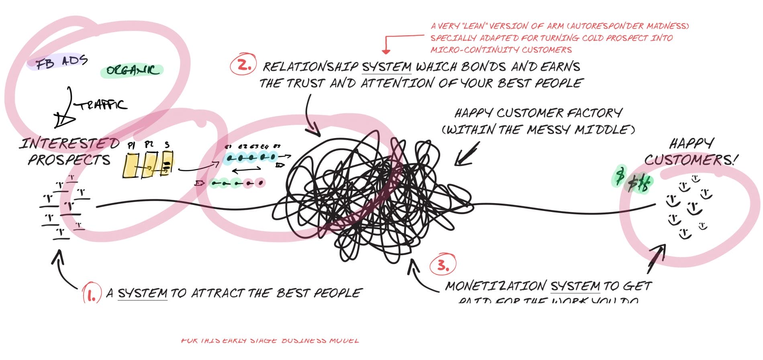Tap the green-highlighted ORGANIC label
click(x=132, y=71)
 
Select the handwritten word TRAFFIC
click(x=103, y=105)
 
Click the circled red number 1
click(x=91, y=294)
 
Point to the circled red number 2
click(x=243, y=65)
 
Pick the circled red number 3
click(x=443, y=265)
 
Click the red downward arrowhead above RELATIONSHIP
click(x=386, y=51)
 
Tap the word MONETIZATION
click(x=495, y=286)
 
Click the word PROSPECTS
click(x=69, y=160)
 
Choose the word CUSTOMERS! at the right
click(x=691, y=160)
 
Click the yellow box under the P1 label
click(x=131, y=165)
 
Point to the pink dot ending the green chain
click(x=260, y=183)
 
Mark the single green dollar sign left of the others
click(x=620, y=176)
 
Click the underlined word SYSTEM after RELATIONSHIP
click(x=386, y=67)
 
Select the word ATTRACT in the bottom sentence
click(x=217, y=293)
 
